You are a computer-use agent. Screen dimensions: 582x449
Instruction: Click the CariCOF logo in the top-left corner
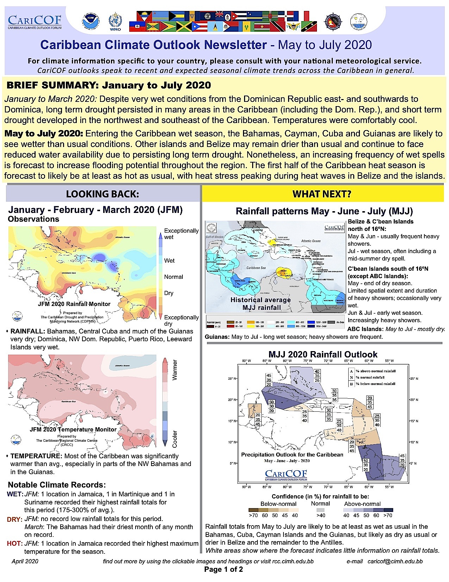(35, 22)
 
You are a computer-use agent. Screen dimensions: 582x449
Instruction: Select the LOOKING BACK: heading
(102, 194)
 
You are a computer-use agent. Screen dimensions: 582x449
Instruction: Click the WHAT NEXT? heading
(322, 194)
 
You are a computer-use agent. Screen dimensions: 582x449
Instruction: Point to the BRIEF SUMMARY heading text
(109, 85)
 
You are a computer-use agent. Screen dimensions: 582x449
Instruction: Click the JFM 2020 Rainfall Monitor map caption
(74, 304)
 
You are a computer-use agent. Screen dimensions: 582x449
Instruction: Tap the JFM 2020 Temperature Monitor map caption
(73, 429)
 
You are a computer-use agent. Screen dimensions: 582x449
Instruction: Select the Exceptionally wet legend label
(181, 234)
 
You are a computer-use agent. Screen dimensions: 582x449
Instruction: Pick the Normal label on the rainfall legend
(173, 277)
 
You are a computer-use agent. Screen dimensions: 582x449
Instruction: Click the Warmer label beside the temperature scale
(175, 370)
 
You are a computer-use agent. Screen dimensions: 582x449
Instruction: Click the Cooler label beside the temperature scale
(175, 439)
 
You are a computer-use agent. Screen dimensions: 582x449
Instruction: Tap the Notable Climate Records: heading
(57, 485)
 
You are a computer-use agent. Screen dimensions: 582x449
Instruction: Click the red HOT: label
(14, 544)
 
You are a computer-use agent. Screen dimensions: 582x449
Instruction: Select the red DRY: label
(14, 519)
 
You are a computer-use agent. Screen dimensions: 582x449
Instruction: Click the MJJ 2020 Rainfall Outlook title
(323, 355)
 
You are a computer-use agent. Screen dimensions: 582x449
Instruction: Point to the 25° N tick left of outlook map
(232, 379)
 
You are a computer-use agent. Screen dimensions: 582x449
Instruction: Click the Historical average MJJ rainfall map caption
(261, 304)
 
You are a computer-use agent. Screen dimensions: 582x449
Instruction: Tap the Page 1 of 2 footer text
(224, 569)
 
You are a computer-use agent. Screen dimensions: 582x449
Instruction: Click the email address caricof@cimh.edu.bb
(395, 561)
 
